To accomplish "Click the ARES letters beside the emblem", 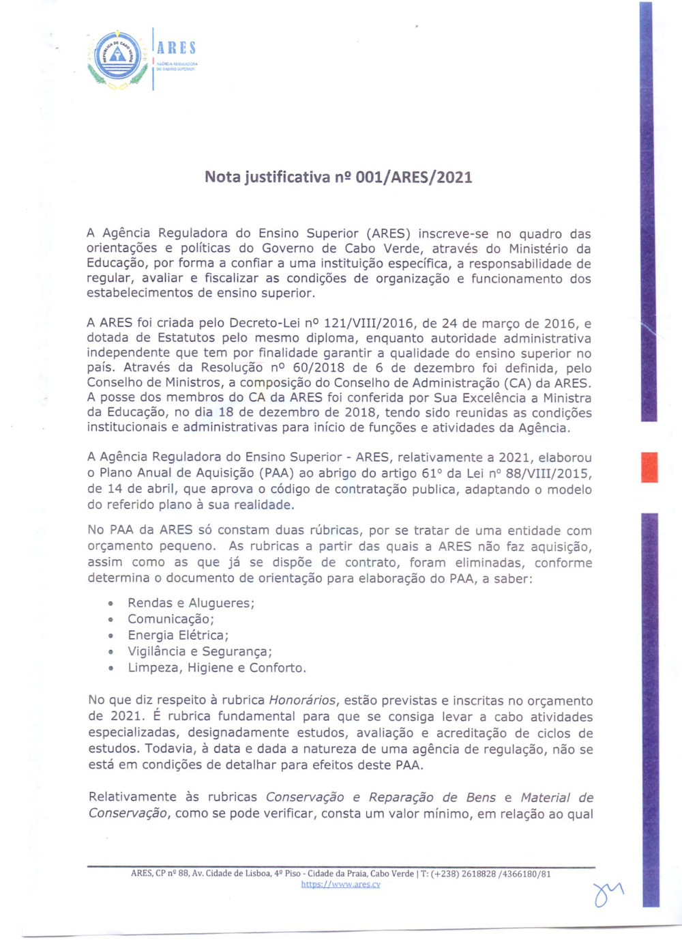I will coord(177,48).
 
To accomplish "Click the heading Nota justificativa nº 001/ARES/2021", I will coord(338,177).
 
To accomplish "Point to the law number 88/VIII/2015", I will coord(548,473).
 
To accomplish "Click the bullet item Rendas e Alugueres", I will coord(191,603).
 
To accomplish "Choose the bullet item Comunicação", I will coord(170,619).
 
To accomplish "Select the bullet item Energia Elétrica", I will coord(178,636).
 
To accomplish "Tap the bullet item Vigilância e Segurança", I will coord(200,652).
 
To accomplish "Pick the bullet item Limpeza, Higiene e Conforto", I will coord(217,668).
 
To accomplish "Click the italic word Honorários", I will coord(302,700).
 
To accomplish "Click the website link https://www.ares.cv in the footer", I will coord(340,885).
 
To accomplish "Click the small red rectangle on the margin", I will coord(649,467).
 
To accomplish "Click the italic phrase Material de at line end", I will coord(557,797).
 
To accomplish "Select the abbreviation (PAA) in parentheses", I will coord(276,473).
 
